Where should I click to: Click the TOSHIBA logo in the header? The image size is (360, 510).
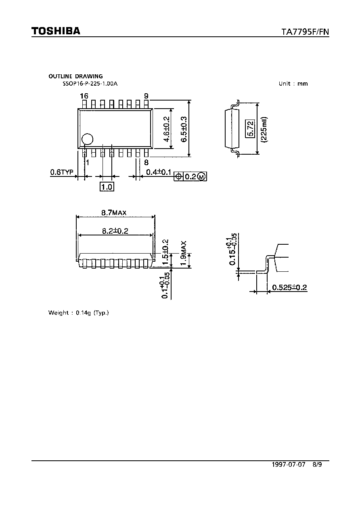click(x=56, y=31)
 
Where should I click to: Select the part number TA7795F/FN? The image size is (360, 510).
click(x=305, y=31)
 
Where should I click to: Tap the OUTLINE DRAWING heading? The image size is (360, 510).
click(x=75, y=76)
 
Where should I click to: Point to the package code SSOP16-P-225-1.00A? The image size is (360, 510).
click(x=90, y=84)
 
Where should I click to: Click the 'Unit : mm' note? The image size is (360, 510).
click(x=293, y=84)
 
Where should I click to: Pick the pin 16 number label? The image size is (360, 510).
click(x=84, y=96)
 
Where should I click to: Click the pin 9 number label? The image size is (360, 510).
click(x=147, y=96)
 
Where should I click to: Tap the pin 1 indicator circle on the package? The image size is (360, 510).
click(x=88, y=139)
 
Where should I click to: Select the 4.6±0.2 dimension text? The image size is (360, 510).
click(x=167, y=129)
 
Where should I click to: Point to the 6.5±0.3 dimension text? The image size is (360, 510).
click(x=184, y=129)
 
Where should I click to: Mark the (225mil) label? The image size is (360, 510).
click(x=264, y=130)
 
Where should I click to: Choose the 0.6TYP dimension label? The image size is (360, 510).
click(x=62, y=172)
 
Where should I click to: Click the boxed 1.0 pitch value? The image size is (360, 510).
click(x=107, y=187)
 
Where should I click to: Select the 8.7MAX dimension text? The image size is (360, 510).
click(x=114, y=213)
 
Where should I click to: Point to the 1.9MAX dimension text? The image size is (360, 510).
click(x=183, y=253)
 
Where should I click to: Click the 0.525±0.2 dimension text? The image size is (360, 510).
click(x=289, y=288)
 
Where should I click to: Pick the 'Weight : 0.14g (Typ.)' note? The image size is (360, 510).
click(x=79, y=313)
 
